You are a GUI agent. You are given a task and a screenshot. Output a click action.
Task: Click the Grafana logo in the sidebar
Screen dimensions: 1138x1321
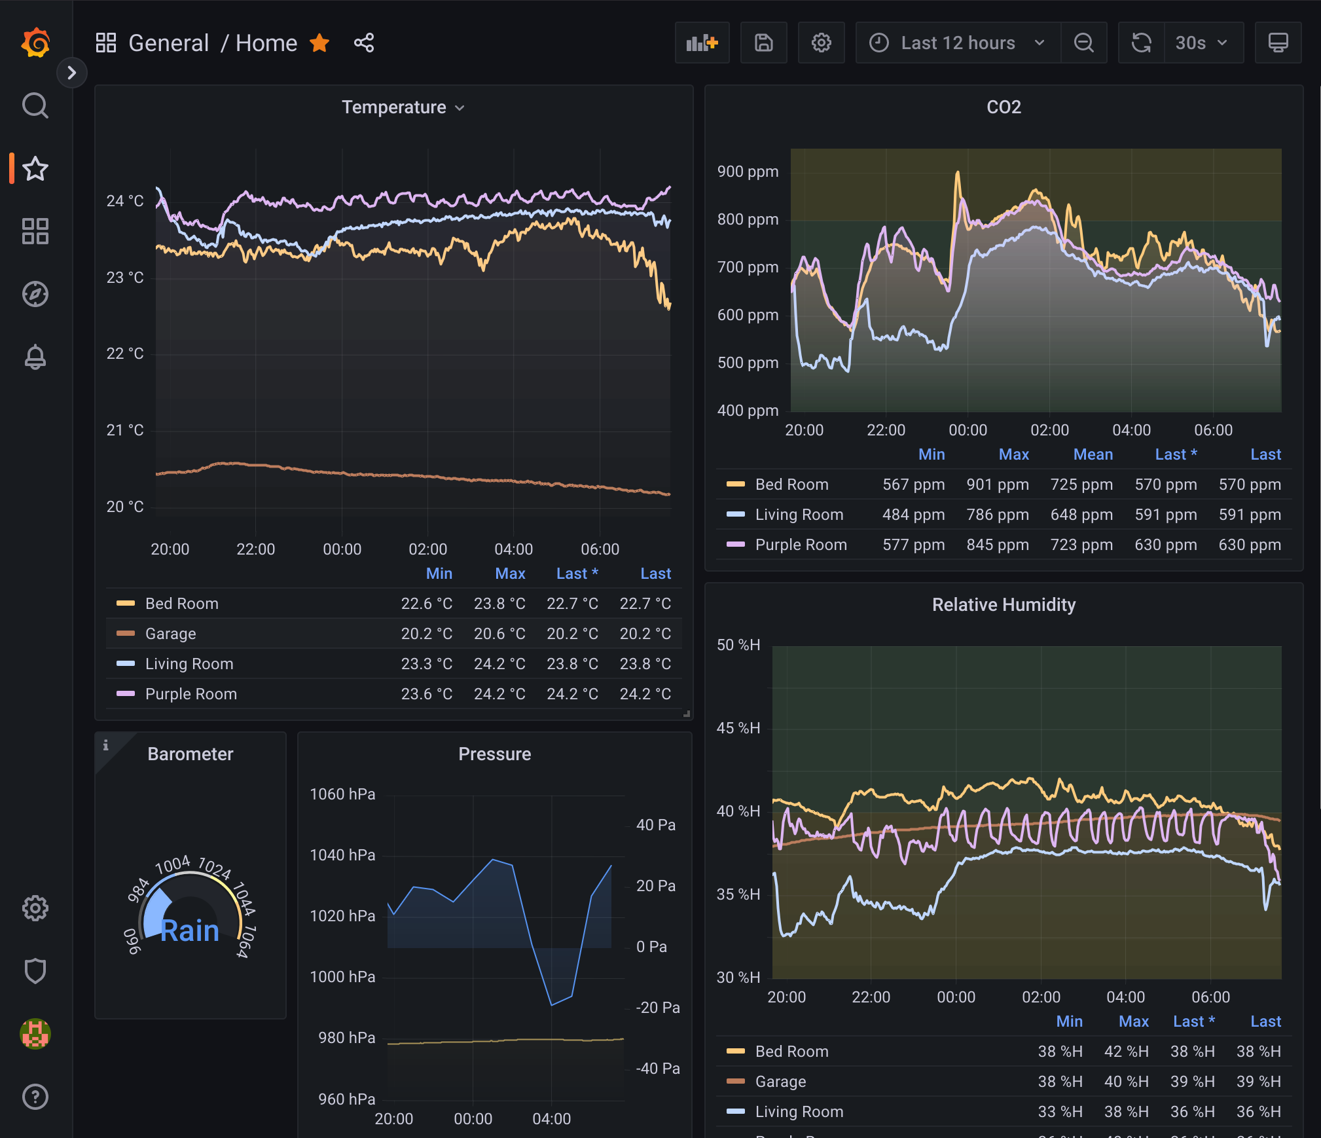click(x=35, y=43)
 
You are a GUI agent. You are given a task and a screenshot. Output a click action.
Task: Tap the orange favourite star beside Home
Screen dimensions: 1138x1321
click(x=319, y=43)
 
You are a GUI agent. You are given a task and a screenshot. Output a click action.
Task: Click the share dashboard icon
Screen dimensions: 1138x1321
click(x=364, y=43)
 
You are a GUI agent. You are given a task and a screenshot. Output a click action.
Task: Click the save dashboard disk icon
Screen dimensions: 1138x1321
click(x=763, y=43)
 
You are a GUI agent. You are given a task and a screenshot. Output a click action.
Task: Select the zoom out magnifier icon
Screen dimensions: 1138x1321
click(x=1084, y=43)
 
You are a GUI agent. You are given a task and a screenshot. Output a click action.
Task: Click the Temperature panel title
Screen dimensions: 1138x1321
click(x=394, y=107)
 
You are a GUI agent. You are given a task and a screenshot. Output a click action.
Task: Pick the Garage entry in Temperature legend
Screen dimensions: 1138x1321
click(x=170, y=634)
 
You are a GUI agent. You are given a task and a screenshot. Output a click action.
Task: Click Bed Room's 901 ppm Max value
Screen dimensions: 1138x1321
click(x=998, y=485)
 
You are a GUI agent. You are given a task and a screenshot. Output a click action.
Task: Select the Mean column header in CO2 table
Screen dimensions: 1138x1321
click(x=1093, y=454)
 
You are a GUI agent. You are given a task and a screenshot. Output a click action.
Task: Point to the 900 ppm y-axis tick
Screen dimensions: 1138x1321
click(x=748, y=172)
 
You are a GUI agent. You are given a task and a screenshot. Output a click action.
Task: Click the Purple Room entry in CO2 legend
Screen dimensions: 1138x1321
click(x=801, y=545)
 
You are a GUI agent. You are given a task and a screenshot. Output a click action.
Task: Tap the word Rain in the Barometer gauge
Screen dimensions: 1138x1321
click(x=190, y=930)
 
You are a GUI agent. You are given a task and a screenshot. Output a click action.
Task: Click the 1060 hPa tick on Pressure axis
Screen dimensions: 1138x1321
click(x=342, y=794)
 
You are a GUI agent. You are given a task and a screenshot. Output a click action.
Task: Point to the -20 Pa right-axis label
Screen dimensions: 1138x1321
click(x=657, y=1008)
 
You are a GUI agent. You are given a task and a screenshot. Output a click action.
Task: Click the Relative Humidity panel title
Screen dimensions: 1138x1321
click(x=1004, y=605)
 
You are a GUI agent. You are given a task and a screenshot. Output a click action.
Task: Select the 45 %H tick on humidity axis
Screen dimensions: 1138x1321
click(x=738, y=728)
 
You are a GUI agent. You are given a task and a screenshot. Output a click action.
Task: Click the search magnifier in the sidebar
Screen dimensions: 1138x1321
click(x=35, y=105)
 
